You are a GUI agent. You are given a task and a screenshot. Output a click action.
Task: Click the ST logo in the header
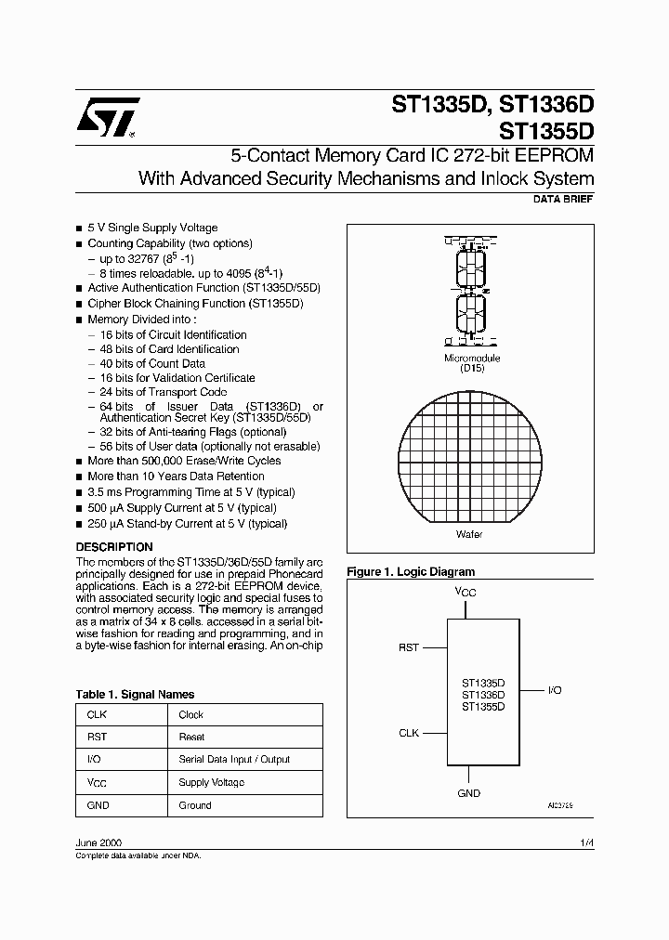click(x=109, y=118)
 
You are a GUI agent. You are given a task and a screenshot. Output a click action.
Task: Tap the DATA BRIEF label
click(x=563, y=200)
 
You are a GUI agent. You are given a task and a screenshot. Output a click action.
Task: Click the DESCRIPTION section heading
click(x=114, y=547)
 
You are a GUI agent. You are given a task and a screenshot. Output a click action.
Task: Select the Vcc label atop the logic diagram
click(x=466, y=591)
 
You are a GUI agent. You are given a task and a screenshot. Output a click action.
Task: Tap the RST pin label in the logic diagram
click(x=409, y=648)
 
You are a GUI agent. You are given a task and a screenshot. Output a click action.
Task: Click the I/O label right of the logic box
click(x=555, y=691)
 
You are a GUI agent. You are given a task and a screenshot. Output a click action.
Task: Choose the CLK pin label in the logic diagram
click(x=409, y=733)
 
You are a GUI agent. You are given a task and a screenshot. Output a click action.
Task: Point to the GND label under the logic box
click(x=468, y=793)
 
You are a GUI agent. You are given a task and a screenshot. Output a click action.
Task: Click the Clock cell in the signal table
click(x=191, y=714)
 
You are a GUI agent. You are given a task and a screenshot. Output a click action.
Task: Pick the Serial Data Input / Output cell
click(x=234, y=759)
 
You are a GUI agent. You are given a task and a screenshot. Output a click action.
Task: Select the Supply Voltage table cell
click(x=212, y=782)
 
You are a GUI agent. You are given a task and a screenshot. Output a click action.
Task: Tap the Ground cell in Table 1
click(x=195, y=805)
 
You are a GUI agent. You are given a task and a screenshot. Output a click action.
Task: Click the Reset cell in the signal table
click(x=191, y=737)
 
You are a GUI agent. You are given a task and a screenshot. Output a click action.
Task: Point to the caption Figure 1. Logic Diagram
click(x=411, y=572)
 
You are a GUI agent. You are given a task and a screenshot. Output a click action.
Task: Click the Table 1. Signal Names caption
click(x=135, y=694)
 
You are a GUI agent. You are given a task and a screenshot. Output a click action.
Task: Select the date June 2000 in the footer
click(x=97, y=841)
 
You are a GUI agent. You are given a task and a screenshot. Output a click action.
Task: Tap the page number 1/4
click(x=586, y=841)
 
